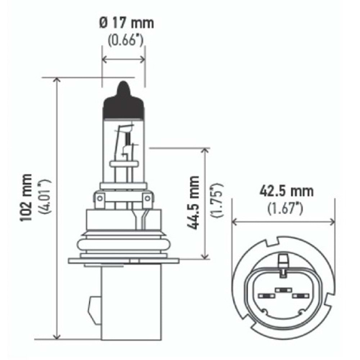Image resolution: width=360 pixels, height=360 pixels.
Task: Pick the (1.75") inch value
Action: (x=217, y=201)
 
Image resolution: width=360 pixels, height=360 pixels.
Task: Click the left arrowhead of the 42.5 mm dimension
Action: (x=234, y=222)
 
